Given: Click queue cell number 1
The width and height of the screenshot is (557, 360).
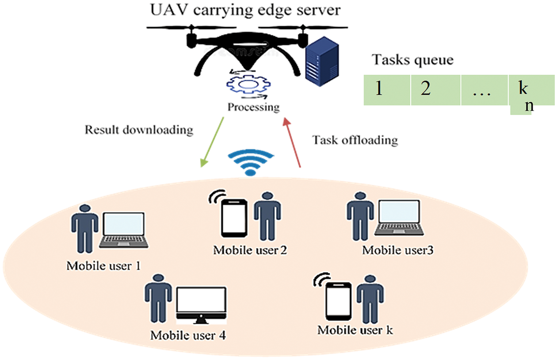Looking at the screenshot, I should click(x=387, y=90).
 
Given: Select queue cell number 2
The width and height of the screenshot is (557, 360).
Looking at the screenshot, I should click(x=435, y=90).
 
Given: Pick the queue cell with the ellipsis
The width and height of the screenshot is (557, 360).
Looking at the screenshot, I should click(x=484, y=90).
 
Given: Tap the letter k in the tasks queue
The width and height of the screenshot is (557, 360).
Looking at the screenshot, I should click(x=523, y=88).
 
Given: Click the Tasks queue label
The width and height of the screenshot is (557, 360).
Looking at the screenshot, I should click(x=413, y=60).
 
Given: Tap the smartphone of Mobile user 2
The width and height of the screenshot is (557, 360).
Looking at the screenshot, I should click(x=234, y=218).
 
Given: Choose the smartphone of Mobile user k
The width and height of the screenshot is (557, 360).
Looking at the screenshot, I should click(x=339, y=300).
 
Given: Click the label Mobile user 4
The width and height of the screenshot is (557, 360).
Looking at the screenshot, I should click(x=188, y=335).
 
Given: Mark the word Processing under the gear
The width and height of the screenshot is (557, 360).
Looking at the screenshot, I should click(x=253, y=107).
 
